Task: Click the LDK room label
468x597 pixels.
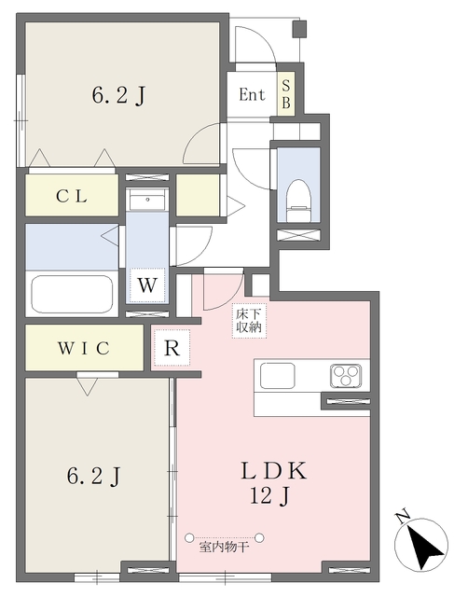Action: coord(273,471)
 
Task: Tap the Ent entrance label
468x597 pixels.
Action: coord(252,94)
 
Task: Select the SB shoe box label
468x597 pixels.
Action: coord(286,94)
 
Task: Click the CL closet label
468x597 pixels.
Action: coord(72,197)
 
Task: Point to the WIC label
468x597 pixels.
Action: coord(84,348)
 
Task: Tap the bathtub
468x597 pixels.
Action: coord(72,294)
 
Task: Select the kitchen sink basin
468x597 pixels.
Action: coord(278,375)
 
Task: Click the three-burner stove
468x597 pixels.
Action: coord(346,375)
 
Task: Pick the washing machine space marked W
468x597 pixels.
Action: coord(147,285)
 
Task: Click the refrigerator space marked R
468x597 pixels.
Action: coord(172,348)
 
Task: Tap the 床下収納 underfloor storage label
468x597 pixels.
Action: coord(249,321)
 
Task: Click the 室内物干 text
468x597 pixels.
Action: coord(224,548)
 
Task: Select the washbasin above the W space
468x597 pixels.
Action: coord(147,199)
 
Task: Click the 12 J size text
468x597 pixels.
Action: coord(270,496)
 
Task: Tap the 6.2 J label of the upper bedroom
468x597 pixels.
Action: coord(118,95)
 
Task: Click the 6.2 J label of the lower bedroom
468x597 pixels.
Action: coord(94,476)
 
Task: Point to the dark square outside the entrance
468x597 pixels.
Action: coord(300,29)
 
